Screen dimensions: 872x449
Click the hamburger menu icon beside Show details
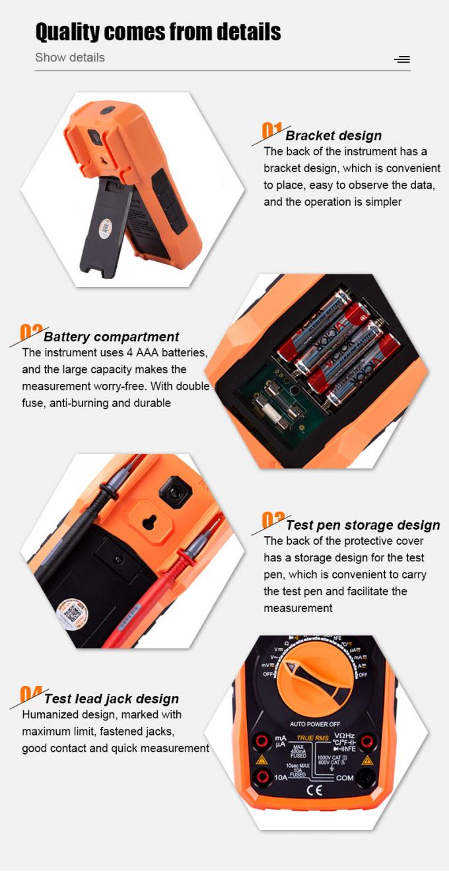(x=401, y=59)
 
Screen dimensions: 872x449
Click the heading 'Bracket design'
(x=333, y=135)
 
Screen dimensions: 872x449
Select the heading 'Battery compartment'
(x=111, y=337)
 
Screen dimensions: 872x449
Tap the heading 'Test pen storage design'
(x=363, y=525)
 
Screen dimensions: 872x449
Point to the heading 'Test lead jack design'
(x=111, y=699)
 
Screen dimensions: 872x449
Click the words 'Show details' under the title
(x=70, y=57)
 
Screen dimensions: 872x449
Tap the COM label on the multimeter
(x=345, y=778)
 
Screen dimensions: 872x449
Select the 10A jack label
(x=281, y=778)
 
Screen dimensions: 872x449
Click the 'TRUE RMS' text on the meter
(x=313, y=737)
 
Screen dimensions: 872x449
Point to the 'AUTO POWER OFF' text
(x=315, y=724)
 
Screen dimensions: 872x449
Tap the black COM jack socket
(x=367, y=778)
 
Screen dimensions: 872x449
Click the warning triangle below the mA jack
(x=261, y=760)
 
